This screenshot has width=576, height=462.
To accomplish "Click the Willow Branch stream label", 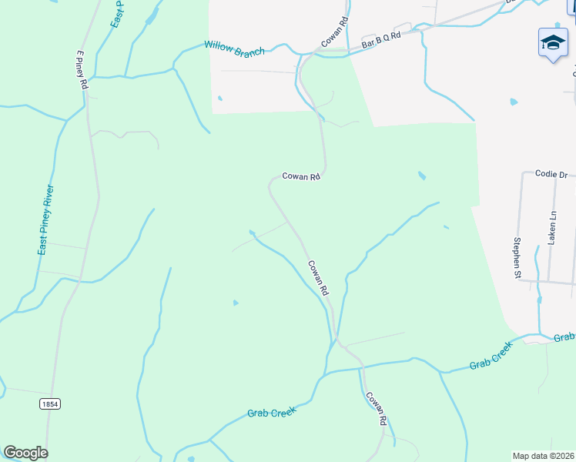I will coord(234,48).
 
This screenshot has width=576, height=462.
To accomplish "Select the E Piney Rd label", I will coord(81,70).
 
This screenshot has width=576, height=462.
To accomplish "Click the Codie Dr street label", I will coord(551,175).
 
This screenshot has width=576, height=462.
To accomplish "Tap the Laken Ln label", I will coord(551,229).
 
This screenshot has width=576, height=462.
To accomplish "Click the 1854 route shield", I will coord(49,403).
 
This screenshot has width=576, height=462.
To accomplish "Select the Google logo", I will coord(25,453).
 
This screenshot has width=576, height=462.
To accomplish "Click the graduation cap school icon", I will coord(553,43).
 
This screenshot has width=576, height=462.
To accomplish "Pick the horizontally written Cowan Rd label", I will coord(300,176).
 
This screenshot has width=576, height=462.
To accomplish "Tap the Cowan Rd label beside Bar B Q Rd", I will coord(335,32).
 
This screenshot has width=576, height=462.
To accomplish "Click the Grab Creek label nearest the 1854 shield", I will coord(272,413).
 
